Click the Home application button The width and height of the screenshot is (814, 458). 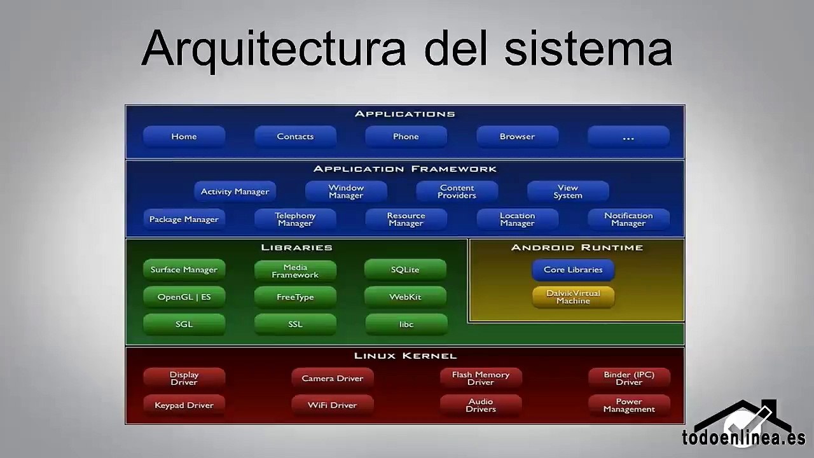184,137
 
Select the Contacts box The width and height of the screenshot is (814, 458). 295,137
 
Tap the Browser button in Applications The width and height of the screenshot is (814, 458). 517,137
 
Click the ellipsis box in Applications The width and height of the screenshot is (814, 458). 628,137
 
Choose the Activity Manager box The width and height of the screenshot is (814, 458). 235,191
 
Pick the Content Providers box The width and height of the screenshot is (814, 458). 457,191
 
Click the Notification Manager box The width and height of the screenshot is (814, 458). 628,219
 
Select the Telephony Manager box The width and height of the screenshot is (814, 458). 295,219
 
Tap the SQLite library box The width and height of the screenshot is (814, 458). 405,270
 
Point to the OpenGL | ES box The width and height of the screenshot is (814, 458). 184,297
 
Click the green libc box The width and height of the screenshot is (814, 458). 406,324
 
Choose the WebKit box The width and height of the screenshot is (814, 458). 405,297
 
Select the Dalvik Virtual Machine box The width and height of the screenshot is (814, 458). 573,297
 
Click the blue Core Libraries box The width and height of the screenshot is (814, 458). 573,270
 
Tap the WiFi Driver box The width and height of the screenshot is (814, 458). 332,405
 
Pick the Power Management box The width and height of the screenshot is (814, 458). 628,405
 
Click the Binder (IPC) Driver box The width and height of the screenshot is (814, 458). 628,378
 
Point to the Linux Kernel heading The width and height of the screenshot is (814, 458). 405,356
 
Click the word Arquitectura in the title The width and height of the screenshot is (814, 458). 273,48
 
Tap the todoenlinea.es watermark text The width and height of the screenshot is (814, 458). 743,438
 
